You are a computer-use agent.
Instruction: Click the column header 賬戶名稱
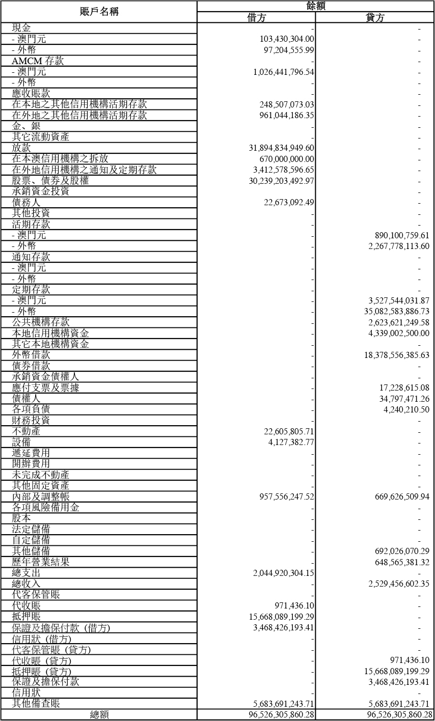coord(99,12)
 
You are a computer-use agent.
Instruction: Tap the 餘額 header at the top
coord(316,6)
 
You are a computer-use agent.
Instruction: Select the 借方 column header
coord(256,18)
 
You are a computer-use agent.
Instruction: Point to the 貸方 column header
coord(375,18)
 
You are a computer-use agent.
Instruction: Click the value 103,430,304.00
coord(287,39)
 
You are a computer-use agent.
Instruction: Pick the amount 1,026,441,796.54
coord(283,72)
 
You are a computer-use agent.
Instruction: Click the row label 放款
coord(21,148)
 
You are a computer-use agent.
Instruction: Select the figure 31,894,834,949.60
coord(281,148)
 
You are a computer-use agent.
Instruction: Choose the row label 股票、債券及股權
coord(50,181)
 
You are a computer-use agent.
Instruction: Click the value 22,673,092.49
coord(289,203)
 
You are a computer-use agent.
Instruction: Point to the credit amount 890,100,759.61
coord(402,236)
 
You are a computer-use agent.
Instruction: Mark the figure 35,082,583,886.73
coord(396,312)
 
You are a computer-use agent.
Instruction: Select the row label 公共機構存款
coord(41,322)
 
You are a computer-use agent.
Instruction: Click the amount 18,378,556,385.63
coord(396,355)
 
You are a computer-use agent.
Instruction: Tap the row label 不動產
coord(26,431)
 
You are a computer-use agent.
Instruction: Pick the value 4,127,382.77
coord(291,442)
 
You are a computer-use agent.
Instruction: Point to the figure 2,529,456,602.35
coord(398,584)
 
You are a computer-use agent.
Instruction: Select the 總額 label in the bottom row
coord(99,715)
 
